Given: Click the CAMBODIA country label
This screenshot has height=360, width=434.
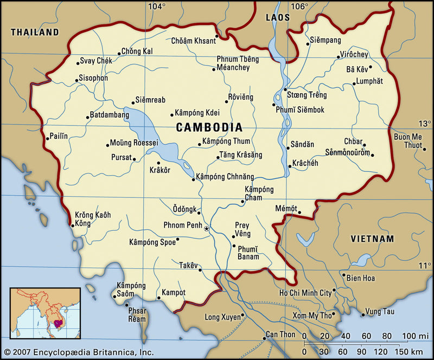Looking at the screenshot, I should (209, 127).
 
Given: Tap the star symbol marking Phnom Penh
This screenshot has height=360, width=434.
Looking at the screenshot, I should (206, 229).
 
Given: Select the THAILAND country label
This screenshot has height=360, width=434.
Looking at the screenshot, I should (35, 33).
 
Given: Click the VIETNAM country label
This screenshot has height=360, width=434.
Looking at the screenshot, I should (372, 239).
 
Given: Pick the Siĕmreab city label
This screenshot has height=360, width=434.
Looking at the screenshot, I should (150, 100).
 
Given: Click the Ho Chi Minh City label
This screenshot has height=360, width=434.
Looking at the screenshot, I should (305, 293).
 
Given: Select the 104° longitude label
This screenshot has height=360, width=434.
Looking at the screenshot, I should (157, 7).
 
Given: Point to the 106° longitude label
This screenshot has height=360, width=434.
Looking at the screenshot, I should (299, 7).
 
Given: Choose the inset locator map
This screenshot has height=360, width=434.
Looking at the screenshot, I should (45, 313).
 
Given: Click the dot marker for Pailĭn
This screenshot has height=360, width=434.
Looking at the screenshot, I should (48, 138).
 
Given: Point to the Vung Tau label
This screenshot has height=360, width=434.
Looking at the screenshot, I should (379, 311).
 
